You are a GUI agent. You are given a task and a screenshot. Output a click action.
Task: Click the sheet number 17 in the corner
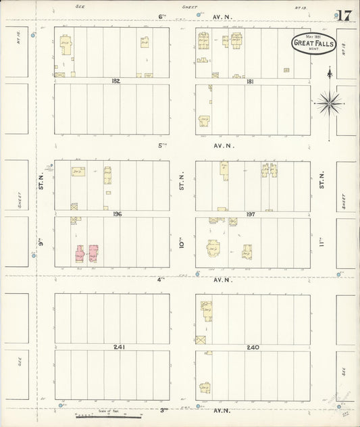[343, 16]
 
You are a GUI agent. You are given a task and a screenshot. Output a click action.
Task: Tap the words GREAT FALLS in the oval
[313, 43]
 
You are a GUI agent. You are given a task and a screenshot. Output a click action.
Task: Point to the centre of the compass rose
[330, 103]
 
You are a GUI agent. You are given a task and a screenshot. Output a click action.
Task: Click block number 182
[115, 80]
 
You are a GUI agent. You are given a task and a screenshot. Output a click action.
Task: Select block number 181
[250, 81]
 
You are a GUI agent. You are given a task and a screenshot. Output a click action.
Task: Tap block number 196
[117, 214]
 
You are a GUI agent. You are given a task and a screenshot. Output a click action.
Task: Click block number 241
[119, 347]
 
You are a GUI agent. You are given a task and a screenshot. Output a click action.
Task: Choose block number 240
[253, 347]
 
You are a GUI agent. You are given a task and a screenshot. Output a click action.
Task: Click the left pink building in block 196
[80, 254]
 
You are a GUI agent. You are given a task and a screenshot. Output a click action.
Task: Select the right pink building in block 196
[93, 254]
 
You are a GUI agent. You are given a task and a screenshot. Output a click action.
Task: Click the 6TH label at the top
[162, 16]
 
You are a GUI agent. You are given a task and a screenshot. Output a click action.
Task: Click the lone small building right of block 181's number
[286, 70]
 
